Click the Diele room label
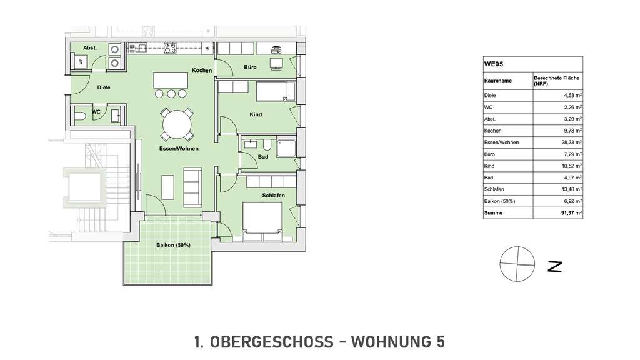click(x=104, y=87)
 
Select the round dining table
click(x=176, y=124)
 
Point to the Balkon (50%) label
click(x=173, y=245)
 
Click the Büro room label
click(x=251, y=67)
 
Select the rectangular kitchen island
click(x=171, y=79)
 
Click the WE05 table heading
click(x=494, y=63)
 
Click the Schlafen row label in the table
click(x=494, y=189)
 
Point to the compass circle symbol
click(x=517, y=264)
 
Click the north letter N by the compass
click(x=554, y=266)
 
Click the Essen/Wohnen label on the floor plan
click(x=178, y=148)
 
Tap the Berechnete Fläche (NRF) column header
click(x=556, y=81)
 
